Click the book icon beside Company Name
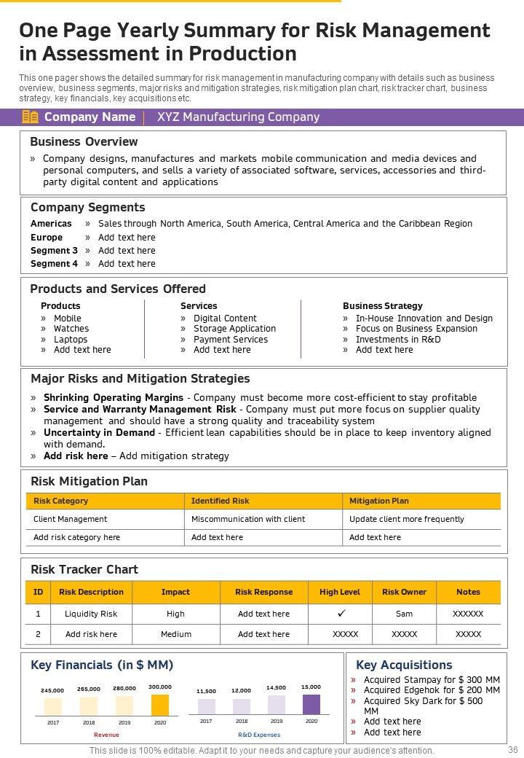31,117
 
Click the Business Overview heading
84,141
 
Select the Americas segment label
51,224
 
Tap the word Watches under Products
71,329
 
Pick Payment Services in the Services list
231,340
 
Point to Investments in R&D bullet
398,340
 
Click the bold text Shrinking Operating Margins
114,398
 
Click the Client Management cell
71,520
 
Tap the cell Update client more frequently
406,520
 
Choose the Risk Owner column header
404,593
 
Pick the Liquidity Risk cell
91,614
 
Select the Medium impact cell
175,635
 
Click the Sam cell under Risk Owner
404,614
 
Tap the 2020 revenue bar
160,705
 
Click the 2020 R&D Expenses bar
311,704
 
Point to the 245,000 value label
52,691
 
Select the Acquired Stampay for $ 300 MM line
432,680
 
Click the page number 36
512,750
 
